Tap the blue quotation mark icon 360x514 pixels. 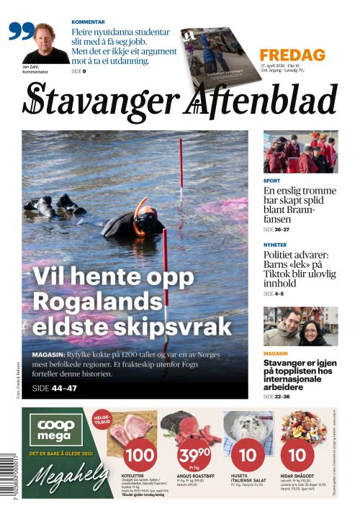22,31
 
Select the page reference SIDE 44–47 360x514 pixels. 55,389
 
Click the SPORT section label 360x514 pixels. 271,181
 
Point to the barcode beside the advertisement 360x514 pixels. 9,474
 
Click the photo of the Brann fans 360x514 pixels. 300,152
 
